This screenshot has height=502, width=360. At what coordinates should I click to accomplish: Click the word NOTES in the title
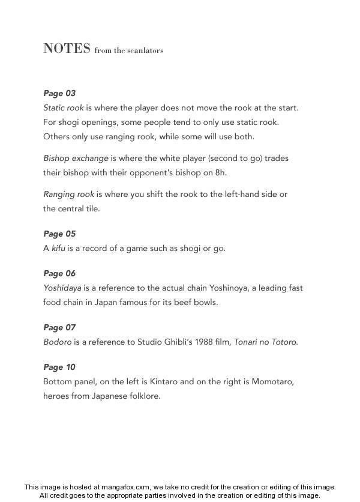[67, 49]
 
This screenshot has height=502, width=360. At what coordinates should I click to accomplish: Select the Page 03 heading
[59, 93]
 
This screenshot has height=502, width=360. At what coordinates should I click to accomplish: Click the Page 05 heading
[59, 234]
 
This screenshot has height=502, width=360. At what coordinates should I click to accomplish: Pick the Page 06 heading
[59, 273]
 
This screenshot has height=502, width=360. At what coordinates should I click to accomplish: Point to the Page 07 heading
[59, 327]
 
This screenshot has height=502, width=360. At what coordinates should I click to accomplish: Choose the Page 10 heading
[59, 367]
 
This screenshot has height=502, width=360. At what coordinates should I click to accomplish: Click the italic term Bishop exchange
[76, 159]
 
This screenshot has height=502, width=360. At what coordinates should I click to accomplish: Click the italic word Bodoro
[58, 342]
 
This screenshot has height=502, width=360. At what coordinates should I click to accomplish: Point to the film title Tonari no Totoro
[265, 342]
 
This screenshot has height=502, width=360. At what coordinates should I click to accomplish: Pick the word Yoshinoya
[222, 288]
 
